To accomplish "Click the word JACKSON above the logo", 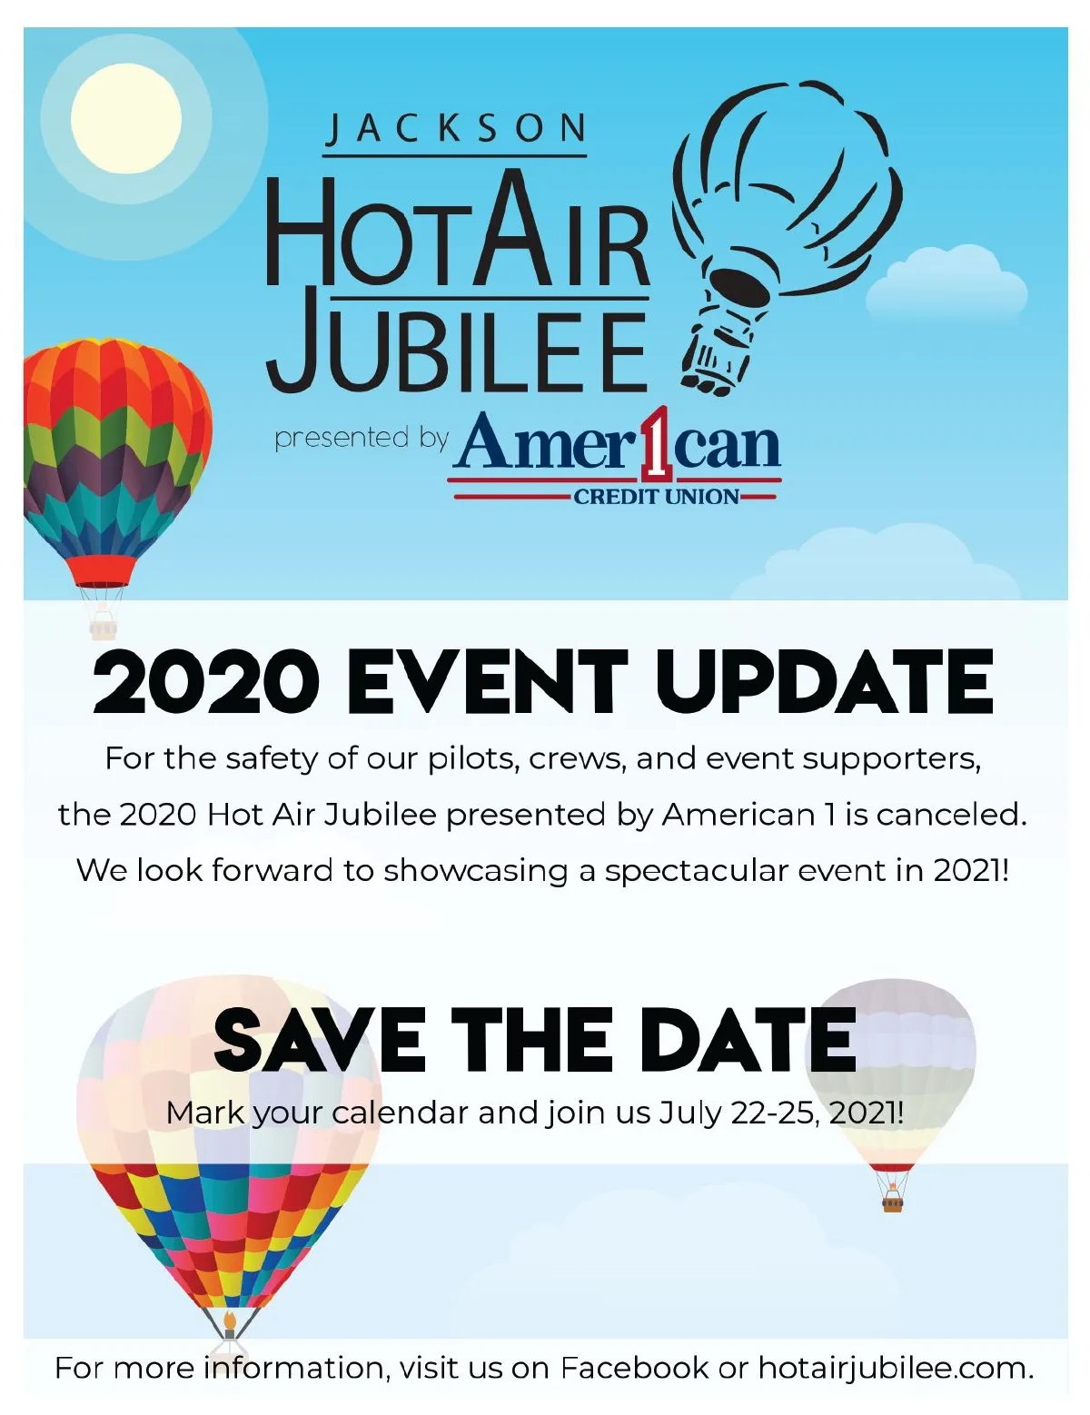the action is click(x=456, y=129).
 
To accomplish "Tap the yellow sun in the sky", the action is click(x=125, y=118).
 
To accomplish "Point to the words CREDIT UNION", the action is click(x=657, y=498).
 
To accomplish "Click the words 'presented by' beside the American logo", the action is click(x=362, y=438).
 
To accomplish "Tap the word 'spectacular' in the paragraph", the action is click(x=696, y=872).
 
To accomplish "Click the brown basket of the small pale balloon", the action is click(x=894, y=1202).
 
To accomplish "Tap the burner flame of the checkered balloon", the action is click(x=229, y=1321).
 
